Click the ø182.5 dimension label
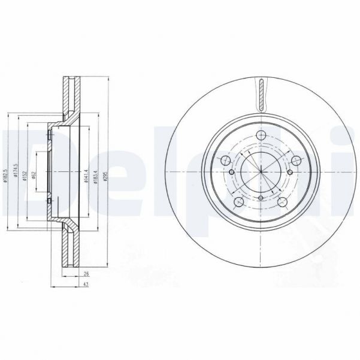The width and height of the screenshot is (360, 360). click(6, 176)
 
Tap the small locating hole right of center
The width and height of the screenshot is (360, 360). click(290, 173)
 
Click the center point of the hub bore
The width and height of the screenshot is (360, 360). click(262, 173)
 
